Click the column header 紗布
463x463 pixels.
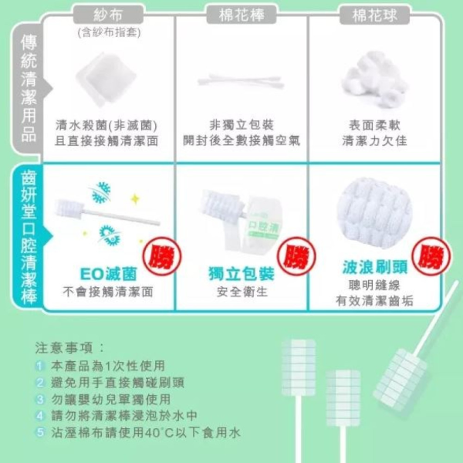[109, 15]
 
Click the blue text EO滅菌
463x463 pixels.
[109, 275]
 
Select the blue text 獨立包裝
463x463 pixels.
[242, 275]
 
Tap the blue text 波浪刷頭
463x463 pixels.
[373, 267]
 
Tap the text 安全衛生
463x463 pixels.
[242, 292]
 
